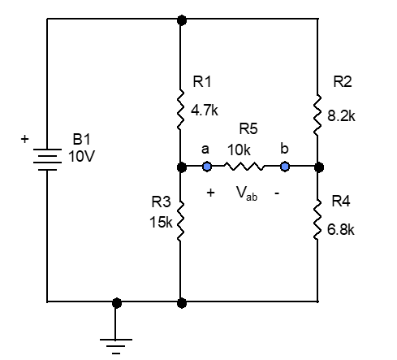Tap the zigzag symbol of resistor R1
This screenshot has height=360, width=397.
pos(180,110)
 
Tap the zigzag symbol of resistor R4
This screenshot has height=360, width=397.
pos(317,219)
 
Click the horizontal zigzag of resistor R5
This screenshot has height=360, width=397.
pos(246,167)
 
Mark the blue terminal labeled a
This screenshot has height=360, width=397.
pos(207,167)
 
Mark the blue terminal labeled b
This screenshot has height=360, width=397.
pos(285,167)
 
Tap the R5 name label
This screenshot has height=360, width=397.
pos(247,129)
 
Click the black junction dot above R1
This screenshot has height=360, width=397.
pos(180,18)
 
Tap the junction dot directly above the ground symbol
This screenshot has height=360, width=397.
pos(118,302)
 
